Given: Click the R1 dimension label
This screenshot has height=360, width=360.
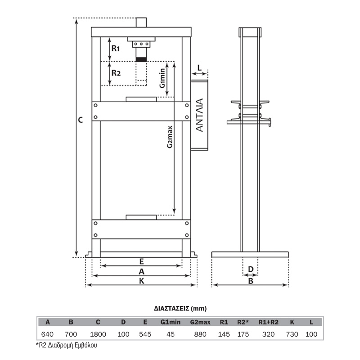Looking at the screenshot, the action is click(x=116, y=49).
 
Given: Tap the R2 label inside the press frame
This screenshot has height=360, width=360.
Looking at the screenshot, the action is click(x=116, y=73).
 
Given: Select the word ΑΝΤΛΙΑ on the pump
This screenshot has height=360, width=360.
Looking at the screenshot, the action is click(x=200, y=115).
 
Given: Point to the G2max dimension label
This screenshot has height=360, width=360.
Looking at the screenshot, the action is click(x=170, y=137).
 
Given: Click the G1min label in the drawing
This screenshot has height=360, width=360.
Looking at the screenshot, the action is click(x=162, y=78).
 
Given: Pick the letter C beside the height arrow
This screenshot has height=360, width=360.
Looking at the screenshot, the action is click(x=81, y=120).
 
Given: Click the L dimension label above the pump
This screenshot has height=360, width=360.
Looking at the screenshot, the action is click(x=199, y=68).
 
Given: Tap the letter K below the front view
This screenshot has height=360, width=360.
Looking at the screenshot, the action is click(x=141, y=280).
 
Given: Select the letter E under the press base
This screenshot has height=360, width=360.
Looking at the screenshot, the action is click(x=141, y=261).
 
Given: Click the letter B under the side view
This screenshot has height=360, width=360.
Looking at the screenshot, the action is click(x=251, y=281).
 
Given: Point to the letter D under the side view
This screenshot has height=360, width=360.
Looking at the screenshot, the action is click(x=251, y=269).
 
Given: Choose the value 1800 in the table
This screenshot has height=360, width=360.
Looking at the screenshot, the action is click(x=98, y=334).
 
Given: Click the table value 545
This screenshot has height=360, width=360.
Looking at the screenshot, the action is click(x=145, y=334).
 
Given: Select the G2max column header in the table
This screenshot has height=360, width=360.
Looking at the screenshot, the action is click(x=200, y=322).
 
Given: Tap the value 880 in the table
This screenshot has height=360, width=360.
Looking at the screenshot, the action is click(x=200, y=334).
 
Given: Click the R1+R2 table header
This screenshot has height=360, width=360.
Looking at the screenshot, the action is click(x=268, y=322).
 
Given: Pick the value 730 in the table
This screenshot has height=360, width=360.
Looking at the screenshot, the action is click(x=292, y=334).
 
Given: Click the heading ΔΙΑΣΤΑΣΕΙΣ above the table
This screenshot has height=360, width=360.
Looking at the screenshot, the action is click(x=171, y=308).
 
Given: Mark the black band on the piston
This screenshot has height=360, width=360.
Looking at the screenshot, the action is click(x=141, y=59).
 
